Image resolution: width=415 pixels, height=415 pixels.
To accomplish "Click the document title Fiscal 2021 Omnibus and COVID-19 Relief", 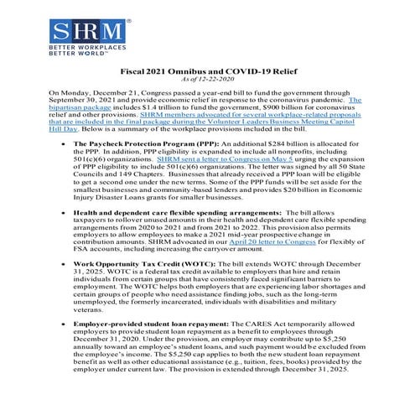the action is click(x=206, y=74).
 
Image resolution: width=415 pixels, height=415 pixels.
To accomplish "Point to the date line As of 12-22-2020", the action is click(x=206, y=83).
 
